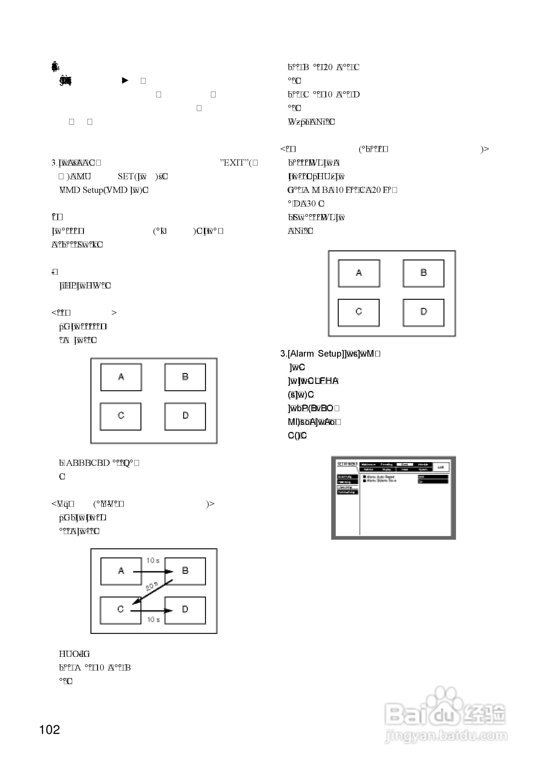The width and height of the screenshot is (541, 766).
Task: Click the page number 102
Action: click(50, 730)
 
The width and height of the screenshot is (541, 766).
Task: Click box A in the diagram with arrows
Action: click(121, 571)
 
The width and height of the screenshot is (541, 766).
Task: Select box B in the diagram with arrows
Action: click(185, 571)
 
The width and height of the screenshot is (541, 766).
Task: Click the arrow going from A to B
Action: click(153, 572)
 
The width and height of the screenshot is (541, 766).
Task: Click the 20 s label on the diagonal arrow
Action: click(152, 586)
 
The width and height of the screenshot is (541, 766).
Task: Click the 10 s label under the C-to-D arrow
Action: click(153, 620)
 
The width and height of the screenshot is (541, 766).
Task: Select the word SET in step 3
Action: click(125, 176)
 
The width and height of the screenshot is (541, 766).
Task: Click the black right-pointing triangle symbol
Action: click(125, 81)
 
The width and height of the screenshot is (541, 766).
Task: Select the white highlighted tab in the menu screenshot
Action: click(405, 464)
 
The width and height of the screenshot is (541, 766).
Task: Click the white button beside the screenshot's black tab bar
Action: click(441, 467)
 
